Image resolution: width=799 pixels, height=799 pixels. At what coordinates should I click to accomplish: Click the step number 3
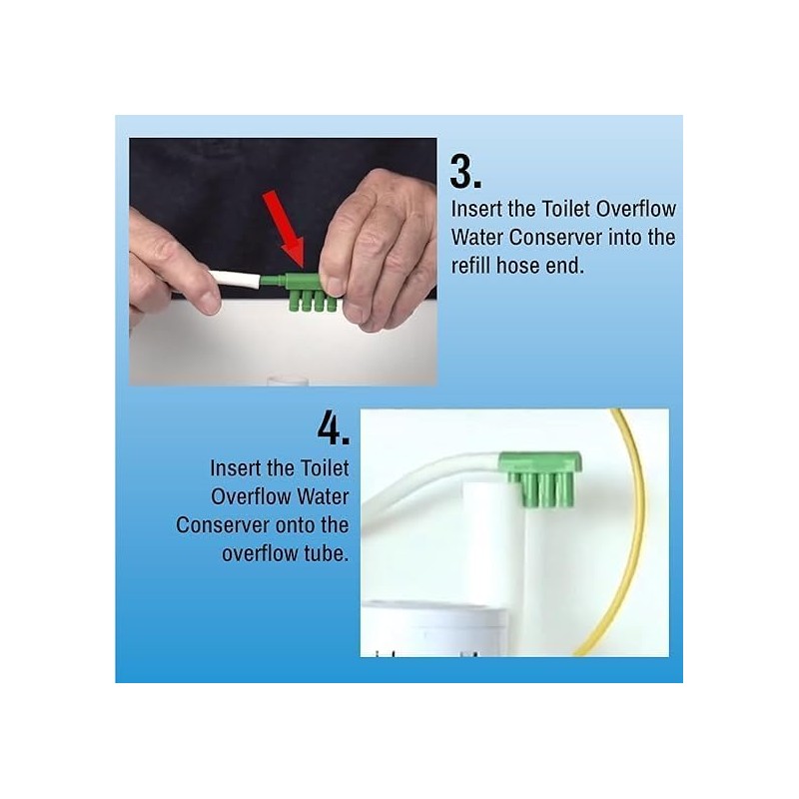pos(465,171)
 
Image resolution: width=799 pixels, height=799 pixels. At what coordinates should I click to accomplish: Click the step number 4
pos(333,427)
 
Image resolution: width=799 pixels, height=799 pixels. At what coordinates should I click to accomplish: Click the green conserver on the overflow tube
pos(540,477)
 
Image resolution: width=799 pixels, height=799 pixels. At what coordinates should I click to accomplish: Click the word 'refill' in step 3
pos(474,267)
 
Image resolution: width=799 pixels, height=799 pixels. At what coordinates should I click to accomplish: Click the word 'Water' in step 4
pos(319,496)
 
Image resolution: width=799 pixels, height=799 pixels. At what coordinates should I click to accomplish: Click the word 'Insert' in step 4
pos(237,468)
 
